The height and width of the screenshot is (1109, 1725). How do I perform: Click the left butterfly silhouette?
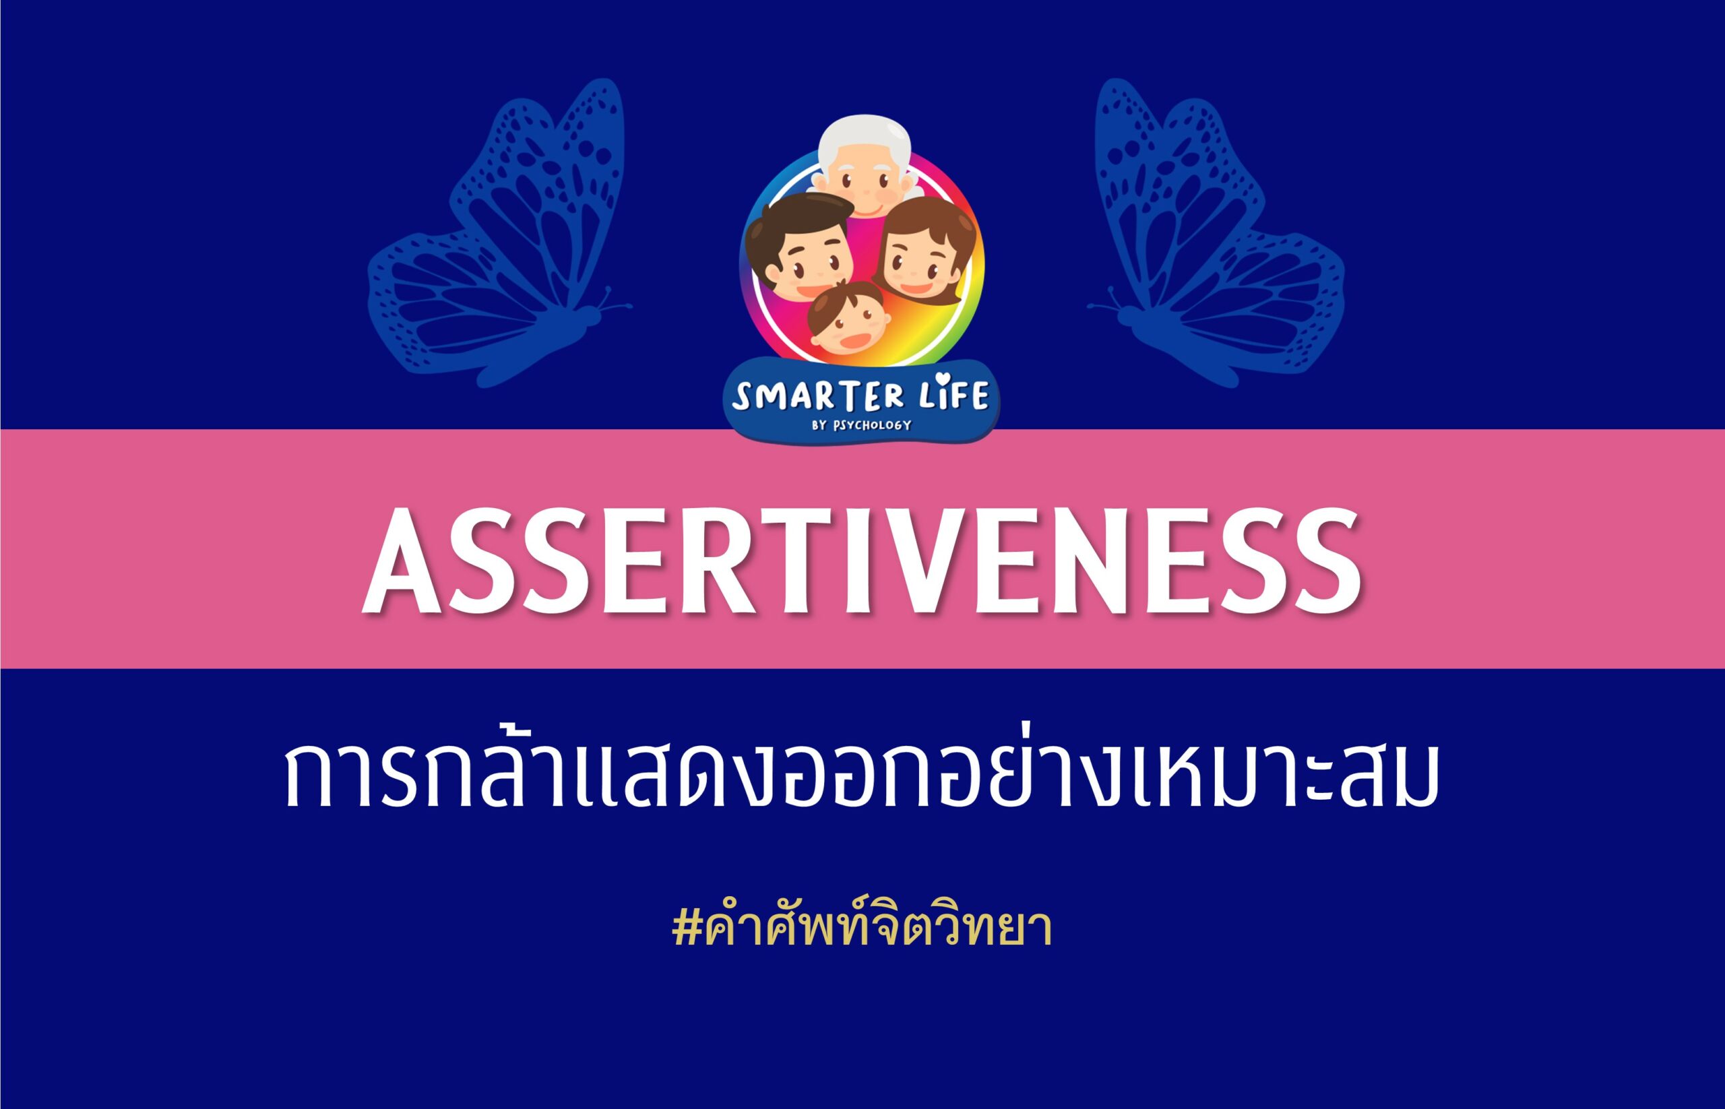coord(500,233)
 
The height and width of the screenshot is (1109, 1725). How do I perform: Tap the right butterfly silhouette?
coord(1216,233)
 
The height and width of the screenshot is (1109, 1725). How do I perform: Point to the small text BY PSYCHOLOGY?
coord(861,425)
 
